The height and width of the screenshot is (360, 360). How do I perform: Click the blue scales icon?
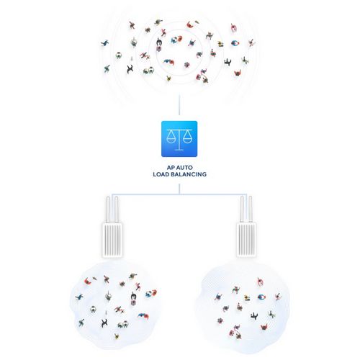[x=179, y=139]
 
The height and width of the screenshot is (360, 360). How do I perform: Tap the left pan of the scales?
[x=171, y=138]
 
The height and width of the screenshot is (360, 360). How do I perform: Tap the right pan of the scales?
[x=187, y=138]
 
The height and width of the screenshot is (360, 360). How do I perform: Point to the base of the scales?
[x=179, y=150]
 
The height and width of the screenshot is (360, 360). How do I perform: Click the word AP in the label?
[x=171, y=168]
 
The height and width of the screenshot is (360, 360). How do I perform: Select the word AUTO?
[x=184, y=168]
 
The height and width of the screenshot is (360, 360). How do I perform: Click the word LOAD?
[x=160, y=174]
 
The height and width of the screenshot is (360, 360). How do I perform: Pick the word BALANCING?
[x=188, y=174]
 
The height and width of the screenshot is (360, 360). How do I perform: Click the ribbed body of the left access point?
[x=112, y=240]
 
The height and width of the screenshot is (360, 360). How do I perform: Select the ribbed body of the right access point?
[x=247, y=240]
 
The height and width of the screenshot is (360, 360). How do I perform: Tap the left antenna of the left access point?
[x=108, y=210]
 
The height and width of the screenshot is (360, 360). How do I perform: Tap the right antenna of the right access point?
[x=251, y=210]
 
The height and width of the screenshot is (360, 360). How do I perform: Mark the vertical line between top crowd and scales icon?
[x=179, y=104]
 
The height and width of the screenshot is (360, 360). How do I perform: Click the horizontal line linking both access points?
[x=179, y=194]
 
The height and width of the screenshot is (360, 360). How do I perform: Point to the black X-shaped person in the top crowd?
[x=130, y=69]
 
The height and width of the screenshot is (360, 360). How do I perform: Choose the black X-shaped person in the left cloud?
[x=104, y=323]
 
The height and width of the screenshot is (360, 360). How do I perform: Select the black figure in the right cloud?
[x=254, y=316]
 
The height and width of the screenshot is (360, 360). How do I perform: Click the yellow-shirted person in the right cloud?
[x=247, y=298]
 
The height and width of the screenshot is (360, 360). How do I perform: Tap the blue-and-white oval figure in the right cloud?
[x=261, y=297]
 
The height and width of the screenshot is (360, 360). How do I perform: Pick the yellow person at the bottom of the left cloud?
[x=117, y=336]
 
